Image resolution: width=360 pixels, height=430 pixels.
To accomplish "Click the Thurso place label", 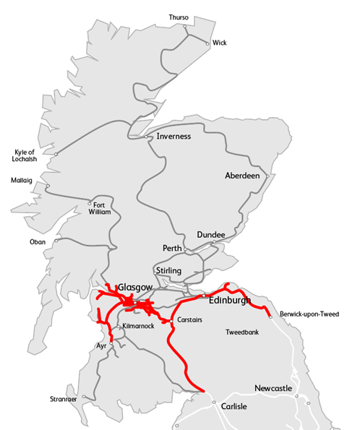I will [x=178, y=17].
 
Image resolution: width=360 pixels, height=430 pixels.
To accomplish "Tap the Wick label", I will [x=219, y=43].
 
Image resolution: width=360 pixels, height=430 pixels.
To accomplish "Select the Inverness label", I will [x=173, y=136].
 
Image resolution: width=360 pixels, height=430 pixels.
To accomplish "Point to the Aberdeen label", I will [x=242, y=176].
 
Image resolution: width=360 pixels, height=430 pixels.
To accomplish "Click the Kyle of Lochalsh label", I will [x=25, y=156].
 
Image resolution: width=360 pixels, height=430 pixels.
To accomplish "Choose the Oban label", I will [x=38, y=241].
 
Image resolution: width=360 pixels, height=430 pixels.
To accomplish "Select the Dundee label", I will [x=211, y=235].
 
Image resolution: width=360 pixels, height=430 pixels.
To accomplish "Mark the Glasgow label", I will [x=135, y=287].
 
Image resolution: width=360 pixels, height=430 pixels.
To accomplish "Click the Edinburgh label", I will [x=229, y=298].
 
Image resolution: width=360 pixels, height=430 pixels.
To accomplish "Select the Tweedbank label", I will [x=243, y=333].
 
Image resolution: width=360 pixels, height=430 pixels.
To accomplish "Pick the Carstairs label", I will [x=189, y=319].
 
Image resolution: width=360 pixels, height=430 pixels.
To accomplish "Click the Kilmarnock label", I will [x=139, y=327].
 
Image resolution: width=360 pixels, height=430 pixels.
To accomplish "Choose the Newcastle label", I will [x=273, y=389].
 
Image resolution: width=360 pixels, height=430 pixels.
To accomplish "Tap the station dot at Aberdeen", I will [x=267, y=176].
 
